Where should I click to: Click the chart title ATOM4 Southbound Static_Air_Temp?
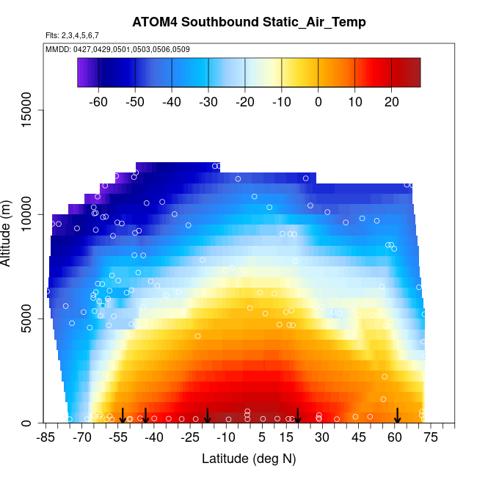249,22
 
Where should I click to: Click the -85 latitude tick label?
45,438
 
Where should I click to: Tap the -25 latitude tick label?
189,438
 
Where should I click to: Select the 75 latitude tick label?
431,438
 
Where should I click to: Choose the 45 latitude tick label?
359,438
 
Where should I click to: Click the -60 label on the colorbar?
98,101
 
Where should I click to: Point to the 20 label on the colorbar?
390,101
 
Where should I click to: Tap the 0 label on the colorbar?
318,101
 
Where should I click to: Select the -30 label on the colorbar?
208,101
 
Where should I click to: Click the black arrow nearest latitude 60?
397,416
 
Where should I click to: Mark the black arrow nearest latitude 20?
298,416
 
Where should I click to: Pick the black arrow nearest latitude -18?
208,416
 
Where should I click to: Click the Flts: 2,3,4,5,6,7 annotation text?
72,35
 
